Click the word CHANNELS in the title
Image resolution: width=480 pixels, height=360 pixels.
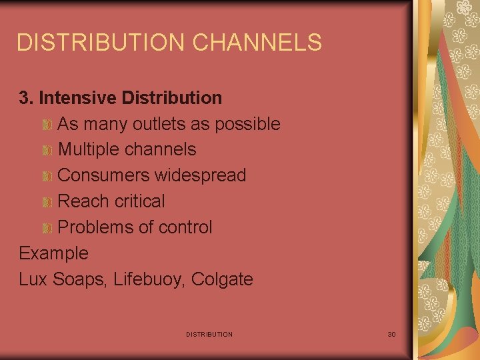(x=257, y=43)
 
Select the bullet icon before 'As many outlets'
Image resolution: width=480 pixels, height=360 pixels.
(x=47, y=125)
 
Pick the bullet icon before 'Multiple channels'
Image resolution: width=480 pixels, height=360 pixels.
(x=47, y=151)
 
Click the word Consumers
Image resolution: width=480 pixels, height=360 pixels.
(x=104, y=175)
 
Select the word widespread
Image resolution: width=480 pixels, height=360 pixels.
(x=201, y=175)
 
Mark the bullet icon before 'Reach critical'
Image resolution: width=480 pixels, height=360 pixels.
(x=47, y=202)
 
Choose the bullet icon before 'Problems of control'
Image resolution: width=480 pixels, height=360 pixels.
(x=47, y=228)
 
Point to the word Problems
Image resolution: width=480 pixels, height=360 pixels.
(x=95, y=227)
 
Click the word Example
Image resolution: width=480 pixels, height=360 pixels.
(x=53, y=253)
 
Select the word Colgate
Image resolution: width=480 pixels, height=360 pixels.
(x=222, y=279)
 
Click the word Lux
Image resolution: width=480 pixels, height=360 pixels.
(x=31, y=279)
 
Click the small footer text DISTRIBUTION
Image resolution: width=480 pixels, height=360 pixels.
(x=209, y=334)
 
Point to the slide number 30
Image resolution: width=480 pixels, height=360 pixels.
(x=391, y=334)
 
